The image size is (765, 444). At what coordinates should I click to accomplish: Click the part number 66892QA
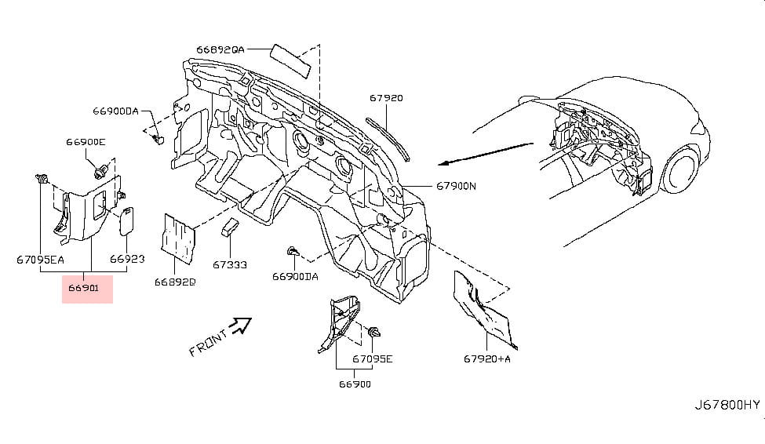coord(220,49)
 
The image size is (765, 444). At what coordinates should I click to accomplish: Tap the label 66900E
coord(86,142)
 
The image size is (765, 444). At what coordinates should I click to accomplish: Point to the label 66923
coord(127,258)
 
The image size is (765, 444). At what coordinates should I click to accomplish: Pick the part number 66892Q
coord(175,281)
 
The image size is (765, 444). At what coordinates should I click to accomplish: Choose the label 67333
coord(230,264)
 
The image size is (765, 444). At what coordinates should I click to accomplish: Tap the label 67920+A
coord(487,358)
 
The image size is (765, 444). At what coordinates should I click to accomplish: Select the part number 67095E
coord(372,358)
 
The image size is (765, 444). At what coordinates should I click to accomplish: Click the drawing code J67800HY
coord(727,405)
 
